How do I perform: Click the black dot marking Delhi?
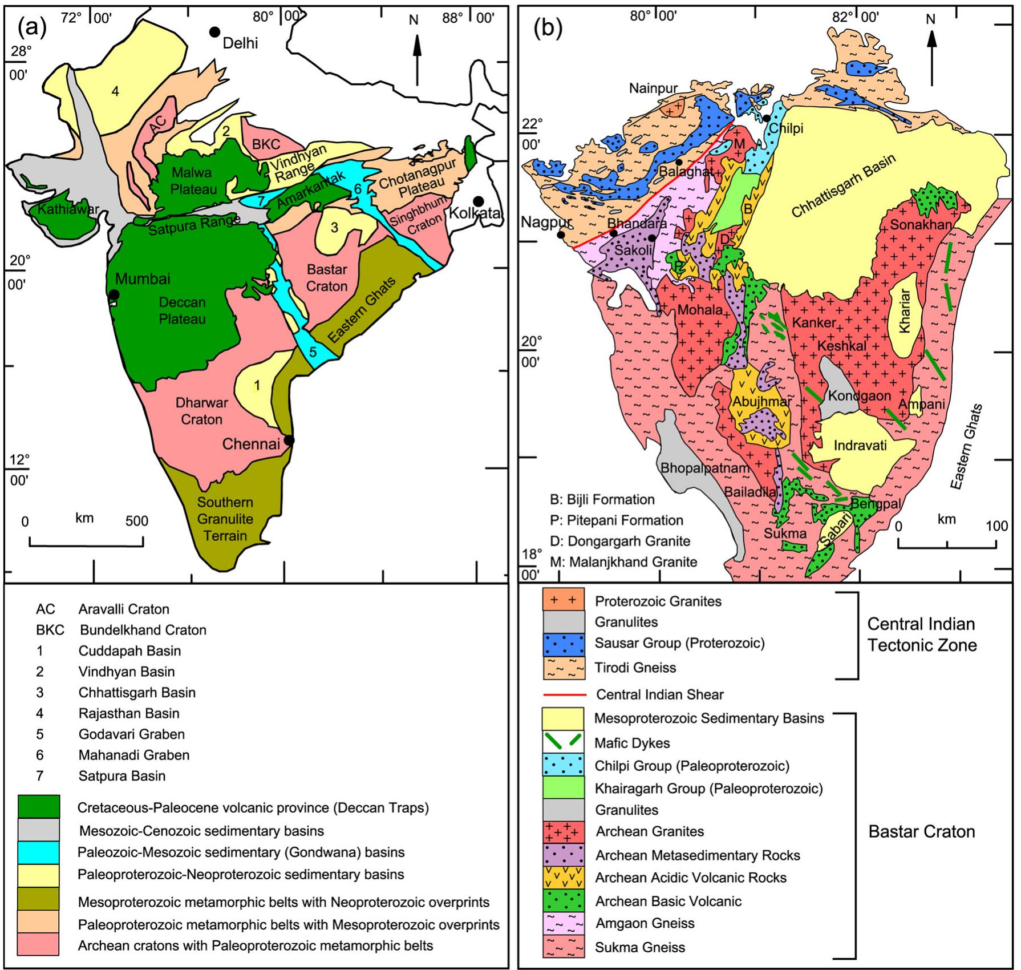pos(214,32)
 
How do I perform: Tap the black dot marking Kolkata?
pos(479,201)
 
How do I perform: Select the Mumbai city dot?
pos(114,294)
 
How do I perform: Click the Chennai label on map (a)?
pos(250,443)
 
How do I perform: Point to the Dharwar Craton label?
pos(201,411)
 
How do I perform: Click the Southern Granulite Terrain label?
pos(225,519)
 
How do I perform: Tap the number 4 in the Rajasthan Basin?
pos(115,91)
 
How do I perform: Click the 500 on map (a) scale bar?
pos(136,521)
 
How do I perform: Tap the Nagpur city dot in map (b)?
pos(561,235)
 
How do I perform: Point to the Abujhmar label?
pos(761,402)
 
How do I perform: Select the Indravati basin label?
pos(860,445)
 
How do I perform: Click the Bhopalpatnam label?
pos(704,468)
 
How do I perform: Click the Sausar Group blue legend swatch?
pos(564,644)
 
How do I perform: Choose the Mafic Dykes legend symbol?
pos(564,742)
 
